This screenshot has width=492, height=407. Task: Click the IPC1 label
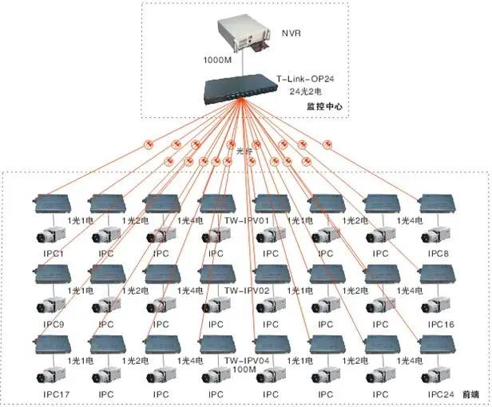click(52, 254)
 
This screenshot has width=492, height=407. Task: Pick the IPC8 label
click(438, 254)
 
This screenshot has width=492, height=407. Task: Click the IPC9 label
click(52, 324)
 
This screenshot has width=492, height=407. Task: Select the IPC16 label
click(440, 324)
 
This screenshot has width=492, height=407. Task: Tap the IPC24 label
click(440, 394)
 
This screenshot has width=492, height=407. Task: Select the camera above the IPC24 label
click(436, 375)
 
